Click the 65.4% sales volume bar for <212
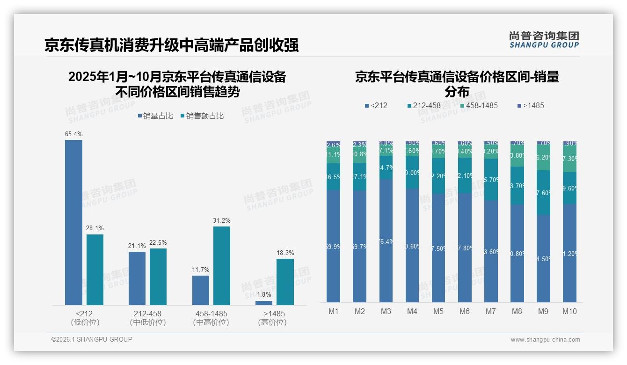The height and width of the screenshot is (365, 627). coord(73,222)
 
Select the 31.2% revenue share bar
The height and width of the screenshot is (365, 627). coord(222,266)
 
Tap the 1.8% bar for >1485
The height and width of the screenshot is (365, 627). coord(264,303)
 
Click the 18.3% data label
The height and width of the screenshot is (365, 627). coord(285,253)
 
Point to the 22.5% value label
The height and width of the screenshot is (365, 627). coord(158,242)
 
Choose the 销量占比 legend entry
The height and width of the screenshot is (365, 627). coord(156,116)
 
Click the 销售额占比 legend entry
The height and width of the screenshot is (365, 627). coord(202,116)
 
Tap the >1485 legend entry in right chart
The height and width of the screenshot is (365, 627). coord(531,106)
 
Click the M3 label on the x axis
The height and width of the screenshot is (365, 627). coord(386,312)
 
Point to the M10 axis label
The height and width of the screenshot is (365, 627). coord(569,312)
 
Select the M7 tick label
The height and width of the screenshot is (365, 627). coord(490,312)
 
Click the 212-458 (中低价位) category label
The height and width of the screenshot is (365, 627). coord(148,318)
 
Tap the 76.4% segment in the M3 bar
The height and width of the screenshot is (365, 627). coord(386,241)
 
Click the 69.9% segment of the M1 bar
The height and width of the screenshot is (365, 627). coord(334,246)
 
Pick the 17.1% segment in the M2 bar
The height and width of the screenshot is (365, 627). coord(360,177)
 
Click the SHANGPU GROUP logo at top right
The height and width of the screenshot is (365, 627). coord(544,40)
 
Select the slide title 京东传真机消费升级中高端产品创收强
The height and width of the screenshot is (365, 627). coord(172,45)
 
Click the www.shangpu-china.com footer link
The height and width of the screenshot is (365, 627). coord(545,340)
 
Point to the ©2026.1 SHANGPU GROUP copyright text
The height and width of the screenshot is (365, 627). coord(92,339)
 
